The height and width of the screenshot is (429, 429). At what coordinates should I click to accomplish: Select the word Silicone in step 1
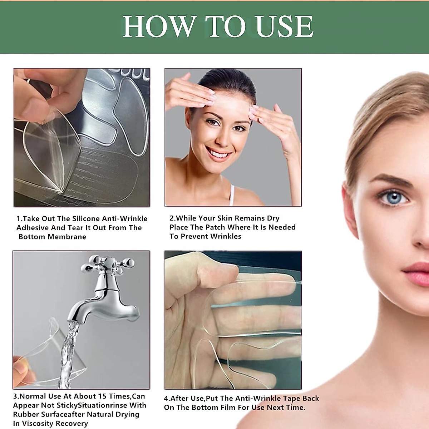86,218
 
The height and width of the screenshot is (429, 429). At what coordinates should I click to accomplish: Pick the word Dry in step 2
273,218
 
